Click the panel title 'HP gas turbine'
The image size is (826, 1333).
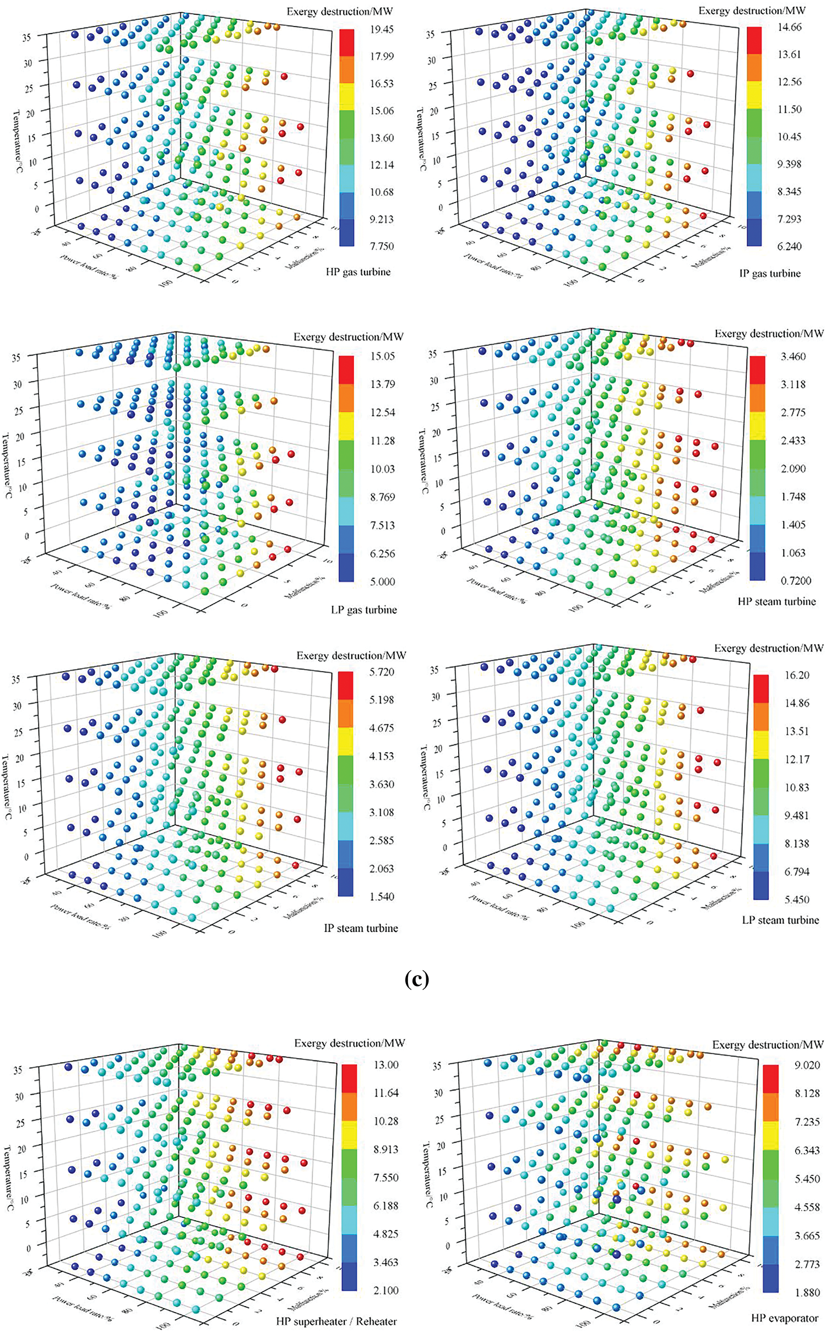[x=358, y=271]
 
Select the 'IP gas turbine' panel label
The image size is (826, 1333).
[x=770, y=273]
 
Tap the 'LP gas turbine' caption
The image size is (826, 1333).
[x=363, y=610]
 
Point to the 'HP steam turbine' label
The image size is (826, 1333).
[x=776, y=601]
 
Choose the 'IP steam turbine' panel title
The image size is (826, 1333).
[x=361, y=928]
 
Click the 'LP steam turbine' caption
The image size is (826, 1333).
[x=780, y=920]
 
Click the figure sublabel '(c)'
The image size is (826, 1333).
[x=416, y=980]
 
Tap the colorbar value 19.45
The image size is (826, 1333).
[x=382, y=29]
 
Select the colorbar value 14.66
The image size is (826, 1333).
[x=789, y=27]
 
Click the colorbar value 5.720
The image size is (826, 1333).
[x=382, y=672]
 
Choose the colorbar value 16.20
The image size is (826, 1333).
[x=797, y=675]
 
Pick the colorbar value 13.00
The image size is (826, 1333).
[x=385, y=1064]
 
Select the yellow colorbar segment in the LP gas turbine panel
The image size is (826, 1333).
[x=346, y=426]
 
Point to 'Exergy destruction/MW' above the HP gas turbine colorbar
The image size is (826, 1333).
[x=340, y=11]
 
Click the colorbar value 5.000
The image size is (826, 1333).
[x=382, y=581]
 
